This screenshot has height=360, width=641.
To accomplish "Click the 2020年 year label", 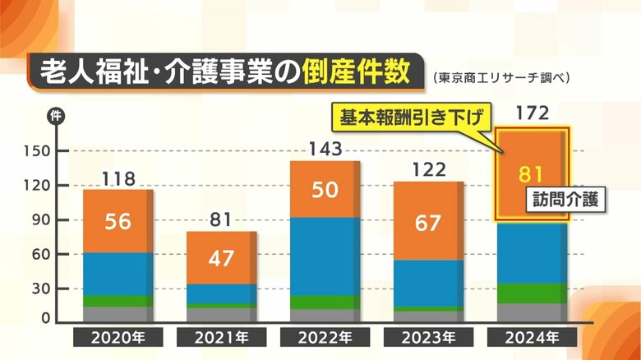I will [119, 337].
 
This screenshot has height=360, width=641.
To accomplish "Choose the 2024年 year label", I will [531, 337].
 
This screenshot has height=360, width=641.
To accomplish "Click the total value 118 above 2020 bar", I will [119, 178].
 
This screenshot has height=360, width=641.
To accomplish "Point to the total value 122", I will [427, 170].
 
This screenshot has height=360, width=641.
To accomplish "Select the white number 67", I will [427, 223].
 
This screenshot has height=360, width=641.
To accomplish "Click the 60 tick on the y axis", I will [42, 256].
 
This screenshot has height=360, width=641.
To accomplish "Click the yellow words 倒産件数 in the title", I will [365, 71].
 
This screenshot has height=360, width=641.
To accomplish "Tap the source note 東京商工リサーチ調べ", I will [500, 78].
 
